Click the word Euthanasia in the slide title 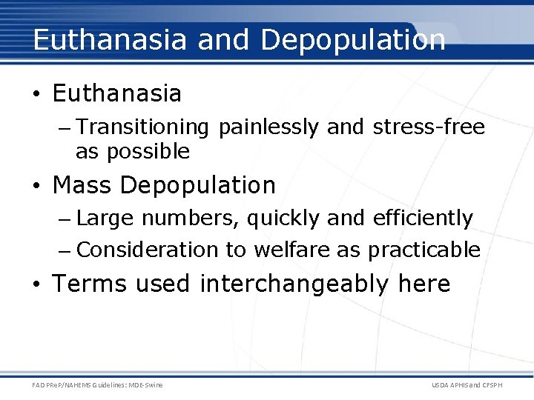click(110, 39)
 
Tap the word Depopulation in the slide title click(353, 39)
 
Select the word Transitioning click(142, 127)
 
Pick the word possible click(148, 151)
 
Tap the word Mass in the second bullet click(82, 184)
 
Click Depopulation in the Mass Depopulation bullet click(198, 184)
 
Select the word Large click(105, 218)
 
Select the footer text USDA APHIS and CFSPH click(466, 384)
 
